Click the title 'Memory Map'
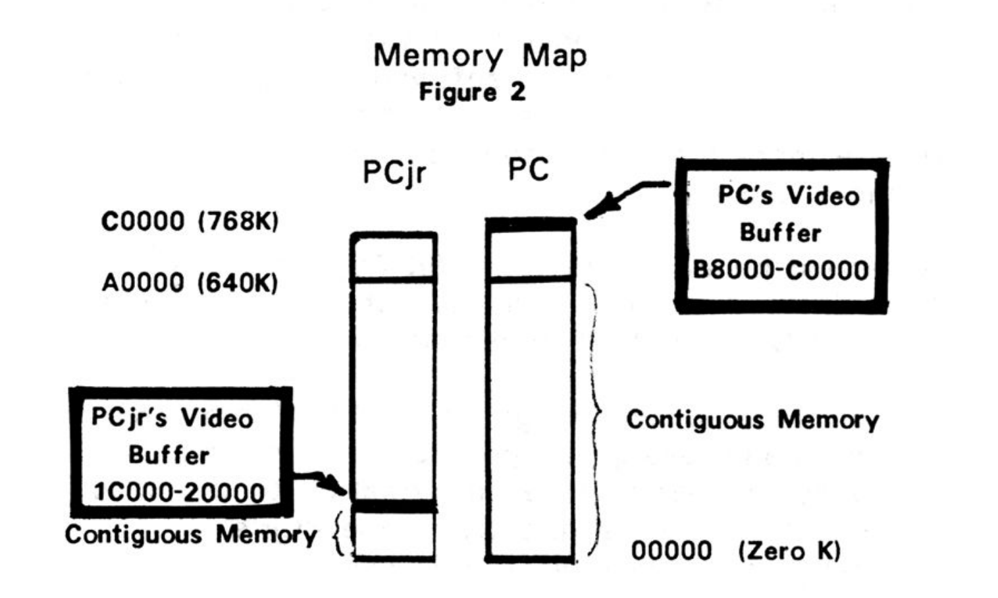point(479,55)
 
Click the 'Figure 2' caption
point(472,92)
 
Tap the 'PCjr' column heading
point(394,173)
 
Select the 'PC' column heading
point(528,170)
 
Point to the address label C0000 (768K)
point(190,221)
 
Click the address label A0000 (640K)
point(190,283)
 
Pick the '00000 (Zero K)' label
point(735,551)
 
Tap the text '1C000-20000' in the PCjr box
point(179,493)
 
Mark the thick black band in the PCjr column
point(394,506)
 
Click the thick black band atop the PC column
point(531,225)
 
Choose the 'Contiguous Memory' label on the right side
point(752,420)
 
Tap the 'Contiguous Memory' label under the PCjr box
point(191,534)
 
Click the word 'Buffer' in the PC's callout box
point(780,233)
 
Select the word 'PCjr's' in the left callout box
point(129,418)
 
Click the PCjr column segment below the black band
point(394,535)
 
